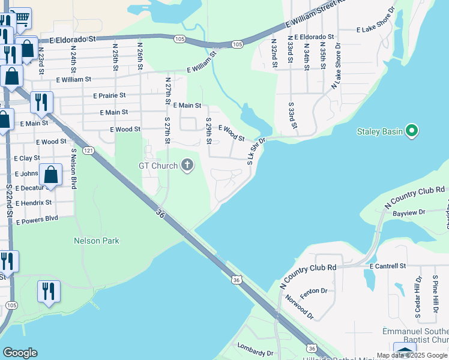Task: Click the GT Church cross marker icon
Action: (187, 166)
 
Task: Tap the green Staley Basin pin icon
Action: (412, 131)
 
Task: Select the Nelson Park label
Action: (96, 241)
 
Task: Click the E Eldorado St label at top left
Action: (73, 39)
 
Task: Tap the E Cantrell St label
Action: (388, 265)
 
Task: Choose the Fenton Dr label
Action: (315, 291)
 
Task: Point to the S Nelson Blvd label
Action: (74, 170)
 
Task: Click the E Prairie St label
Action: (109, 95)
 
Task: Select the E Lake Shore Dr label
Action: (376, 29)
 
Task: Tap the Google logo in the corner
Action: (20, 352)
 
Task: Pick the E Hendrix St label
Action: (34, 203)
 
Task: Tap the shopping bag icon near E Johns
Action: (52, 175)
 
